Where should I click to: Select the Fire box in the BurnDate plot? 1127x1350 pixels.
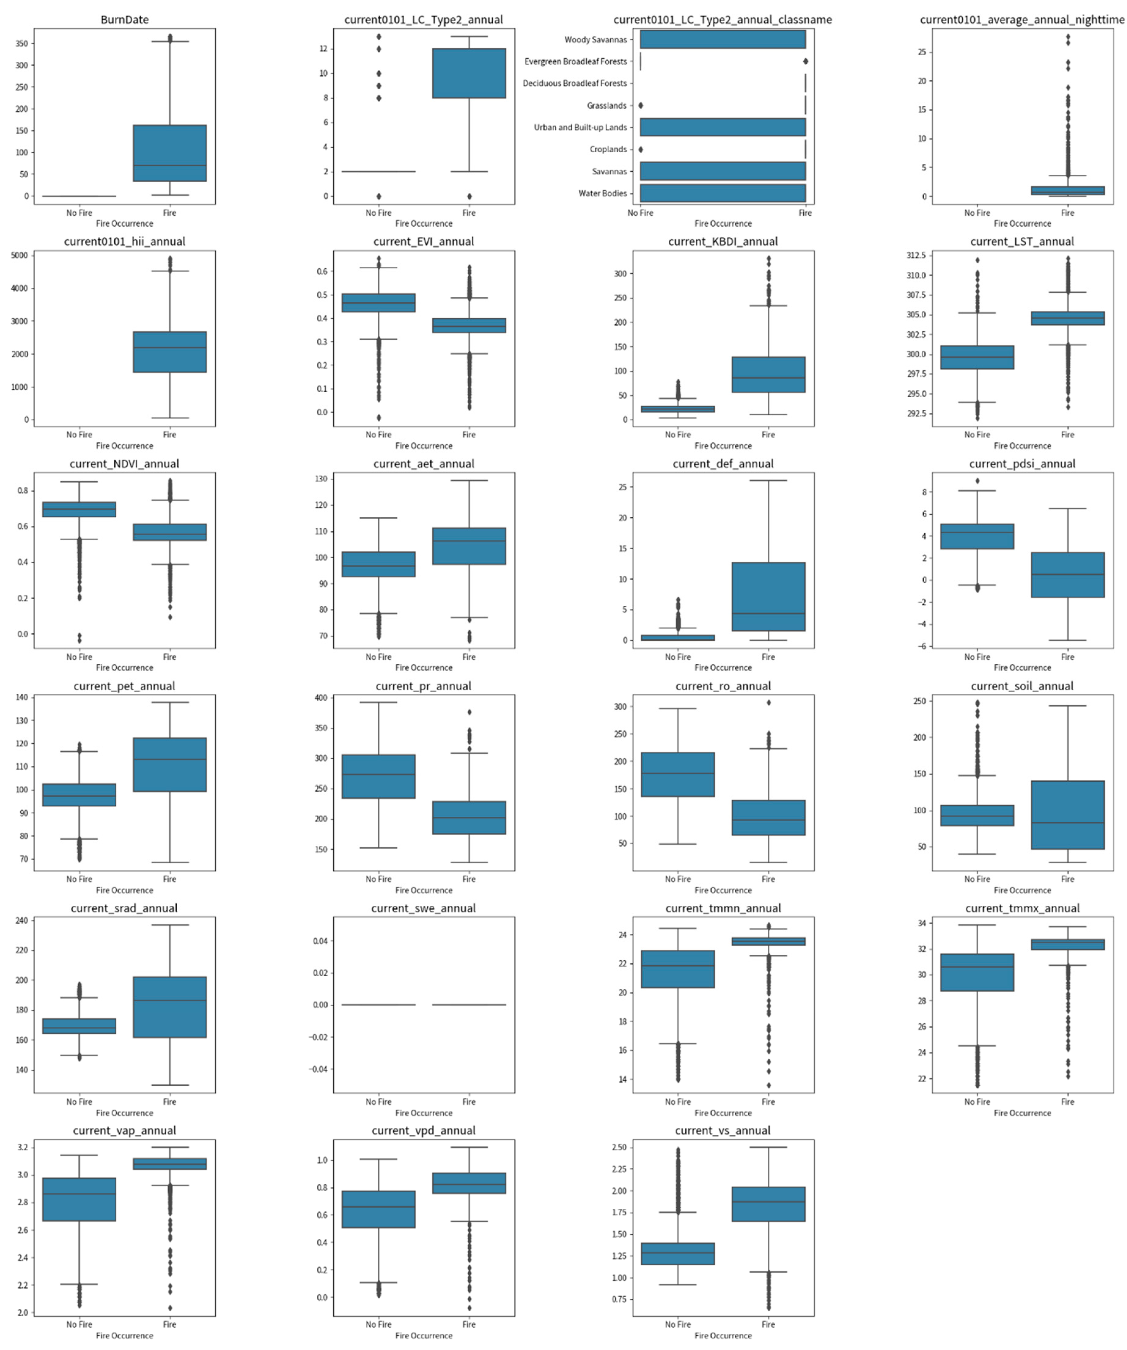(x=170, y=153)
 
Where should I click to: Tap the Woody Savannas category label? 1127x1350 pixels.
(x=595, y=40)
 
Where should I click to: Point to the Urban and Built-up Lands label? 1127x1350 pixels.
(x=580, y=127)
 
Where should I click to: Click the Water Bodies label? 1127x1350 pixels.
(x=602, y=194)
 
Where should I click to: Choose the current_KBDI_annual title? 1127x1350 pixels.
(x=723, y=242)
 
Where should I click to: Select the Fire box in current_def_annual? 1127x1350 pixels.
(x=768, y=597)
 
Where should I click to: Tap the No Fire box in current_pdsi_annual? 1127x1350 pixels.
(x=977, y=536)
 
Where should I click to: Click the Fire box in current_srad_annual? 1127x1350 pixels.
(x=170, y=1007)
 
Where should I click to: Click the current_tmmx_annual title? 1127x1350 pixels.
(x=1022, y=908)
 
